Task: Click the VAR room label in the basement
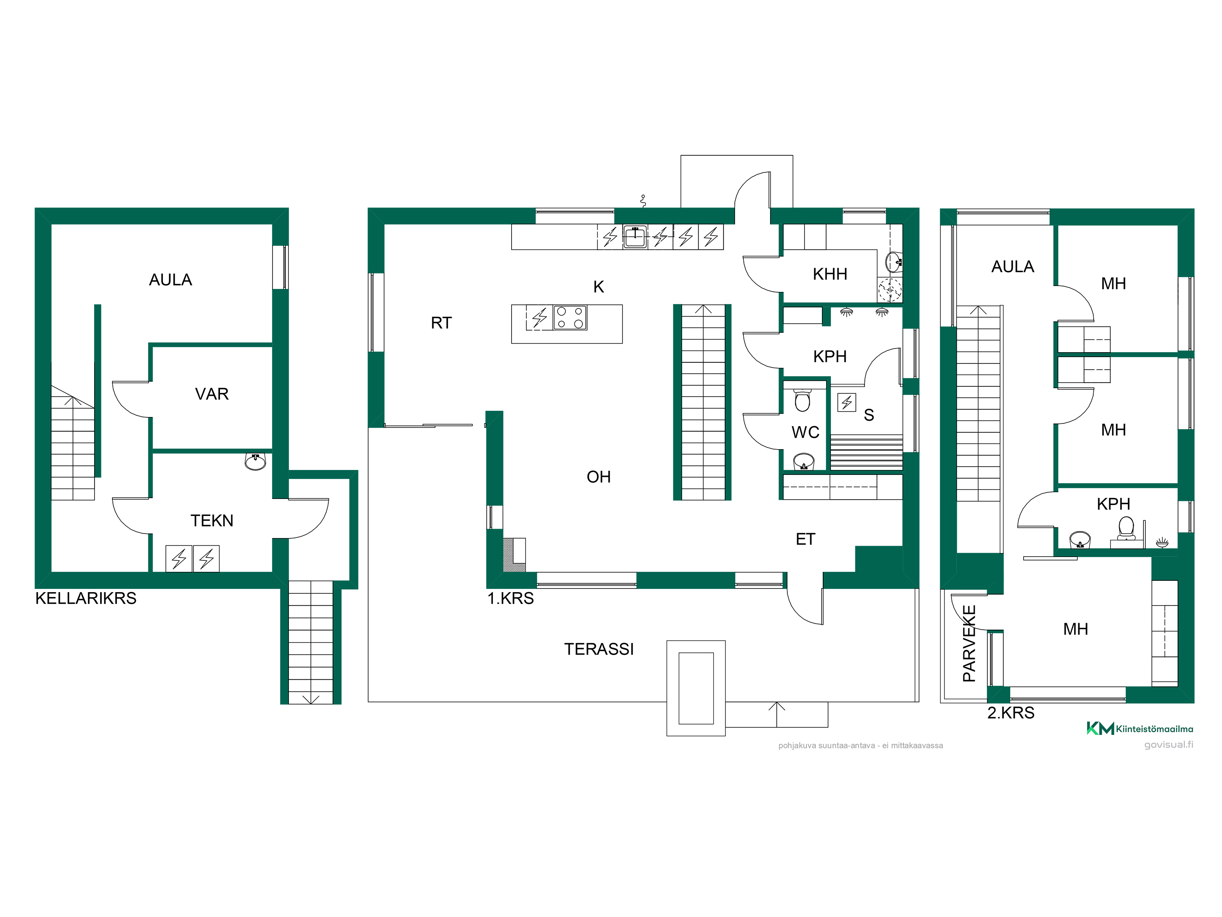point(211,394)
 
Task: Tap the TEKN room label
point(211,521)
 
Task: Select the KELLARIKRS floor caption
point(86,598)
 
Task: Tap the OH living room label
point(599,477)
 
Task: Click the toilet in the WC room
point(802,400)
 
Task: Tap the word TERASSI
point(599,649)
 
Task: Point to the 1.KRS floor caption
point(510,598)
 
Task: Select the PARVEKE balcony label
point(969,644)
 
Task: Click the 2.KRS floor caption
point(1011,712)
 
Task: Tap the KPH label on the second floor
point(1113,504)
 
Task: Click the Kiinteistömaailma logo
point(1140,729)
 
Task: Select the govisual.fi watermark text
point(1168,745)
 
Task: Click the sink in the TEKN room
point(255,461)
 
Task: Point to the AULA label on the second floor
point(1013,267)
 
